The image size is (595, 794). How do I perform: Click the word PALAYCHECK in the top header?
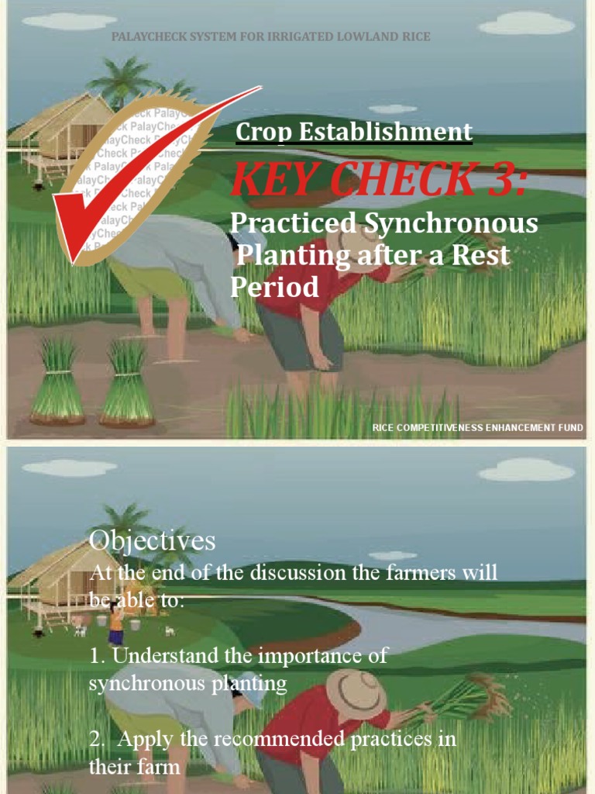[146, 36]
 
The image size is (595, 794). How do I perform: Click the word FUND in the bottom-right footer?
[569, 427]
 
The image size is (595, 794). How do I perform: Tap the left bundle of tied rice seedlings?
[57, 384]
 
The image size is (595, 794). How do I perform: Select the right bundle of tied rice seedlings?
[127, 384]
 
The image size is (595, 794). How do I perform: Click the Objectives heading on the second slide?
[152, 540]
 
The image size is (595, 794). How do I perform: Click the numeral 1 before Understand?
[95, 656]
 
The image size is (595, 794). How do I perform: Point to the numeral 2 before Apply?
[95, 740]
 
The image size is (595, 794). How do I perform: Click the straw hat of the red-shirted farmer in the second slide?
[355, 692]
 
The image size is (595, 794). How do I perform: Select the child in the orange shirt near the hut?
[116, 620]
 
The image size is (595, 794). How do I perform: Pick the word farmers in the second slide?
[425, 573]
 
